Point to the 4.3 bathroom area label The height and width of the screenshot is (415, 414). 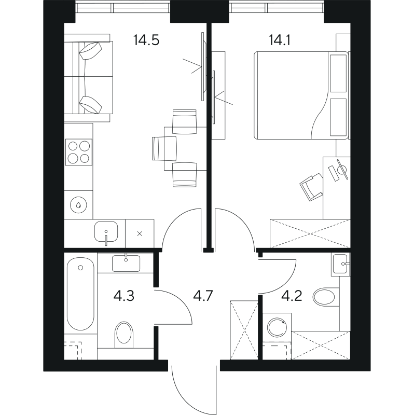coord(125,297)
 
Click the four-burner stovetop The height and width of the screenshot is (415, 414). coord(78,152)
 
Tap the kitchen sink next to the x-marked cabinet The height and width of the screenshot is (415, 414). coord(106,232)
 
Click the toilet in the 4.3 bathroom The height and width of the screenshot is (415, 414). coord(125,334)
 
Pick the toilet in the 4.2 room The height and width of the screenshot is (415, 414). coord(325,297)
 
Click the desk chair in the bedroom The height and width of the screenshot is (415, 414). coord(311,186)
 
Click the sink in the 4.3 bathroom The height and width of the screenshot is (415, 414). coord(126,263)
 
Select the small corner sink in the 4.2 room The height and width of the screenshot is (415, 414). coord(341,264)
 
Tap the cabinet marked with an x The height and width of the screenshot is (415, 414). coord(139,233)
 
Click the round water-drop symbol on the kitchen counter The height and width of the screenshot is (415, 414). coord(78,204)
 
